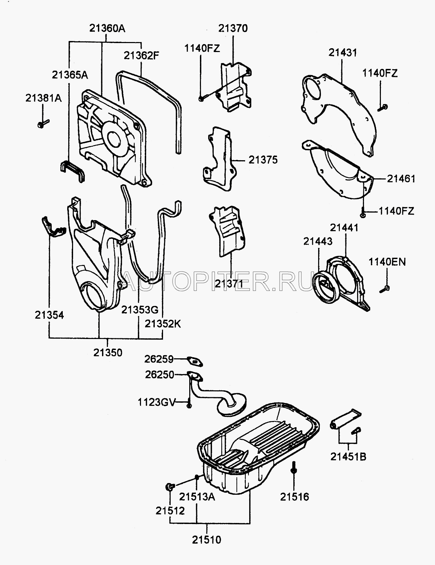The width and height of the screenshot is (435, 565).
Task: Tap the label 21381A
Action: pos(43,98)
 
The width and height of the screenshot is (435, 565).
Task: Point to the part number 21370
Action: pos(233,28)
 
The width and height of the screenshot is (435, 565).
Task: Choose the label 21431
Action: pos(342,53)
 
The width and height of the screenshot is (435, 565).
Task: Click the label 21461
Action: pos(401,178)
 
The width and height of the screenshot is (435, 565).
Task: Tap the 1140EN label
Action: pos(387,262)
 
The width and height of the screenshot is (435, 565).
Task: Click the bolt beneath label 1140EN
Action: pos(385,289)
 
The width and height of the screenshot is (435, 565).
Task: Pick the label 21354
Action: pos(49,315)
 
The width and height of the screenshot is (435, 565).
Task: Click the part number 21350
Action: pos(108,352)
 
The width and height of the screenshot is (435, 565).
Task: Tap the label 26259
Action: pos(159,359)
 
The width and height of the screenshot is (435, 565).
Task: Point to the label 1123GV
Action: pos(157,402)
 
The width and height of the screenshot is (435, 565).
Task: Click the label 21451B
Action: pos(348,456)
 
